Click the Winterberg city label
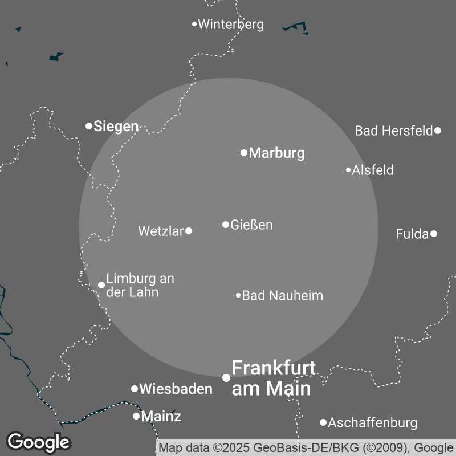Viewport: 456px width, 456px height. pyautogui.click(x=231, y=25)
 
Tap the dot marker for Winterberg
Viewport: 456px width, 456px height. pyautogui.click(x=194, y=24)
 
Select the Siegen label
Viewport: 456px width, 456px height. pyautogui.click(x=116, y=126)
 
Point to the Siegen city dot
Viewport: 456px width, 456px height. pyautogui.click(x=89, y=125)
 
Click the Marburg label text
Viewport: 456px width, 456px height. pyautogui.click(x=277, y=153)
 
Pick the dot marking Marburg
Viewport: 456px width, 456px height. pyautogui.click(x=244, y=153)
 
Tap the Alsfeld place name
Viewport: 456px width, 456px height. pyautogui.click(x=373, y=170)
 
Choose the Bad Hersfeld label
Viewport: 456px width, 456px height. pyautogui.click(x=394, y=131)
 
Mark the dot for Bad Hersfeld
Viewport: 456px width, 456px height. pyautogui.click(x=438, y=131)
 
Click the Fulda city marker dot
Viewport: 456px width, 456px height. pyautogui.click(x=434, y=234)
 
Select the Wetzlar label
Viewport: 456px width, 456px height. pyautogui.click(x=161, y=231)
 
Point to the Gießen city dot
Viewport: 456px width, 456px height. pyautogui.click(x=226, y=225)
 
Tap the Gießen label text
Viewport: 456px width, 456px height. pyautogui.click(x=251, y=225)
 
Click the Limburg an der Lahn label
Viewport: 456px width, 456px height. pyautogui.click(x=140, y=285)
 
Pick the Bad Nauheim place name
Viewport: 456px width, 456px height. pyautogui.click(x=283, y=296)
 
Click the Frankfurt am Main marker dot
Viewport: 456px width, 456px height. pyautogui.click(x=226, y=378)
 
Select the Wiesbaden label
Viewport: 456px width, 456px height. pyautogui.click(x=176, y=389)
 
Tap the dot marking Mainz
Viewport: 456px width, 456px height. pyautogui.click(x=136, y=416)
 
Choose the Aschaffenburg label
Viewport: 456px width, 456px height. pyautogui.click(x=373, y=423)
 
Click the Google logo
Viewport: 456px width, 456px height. pyautogui.click(x=39, y=442)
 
